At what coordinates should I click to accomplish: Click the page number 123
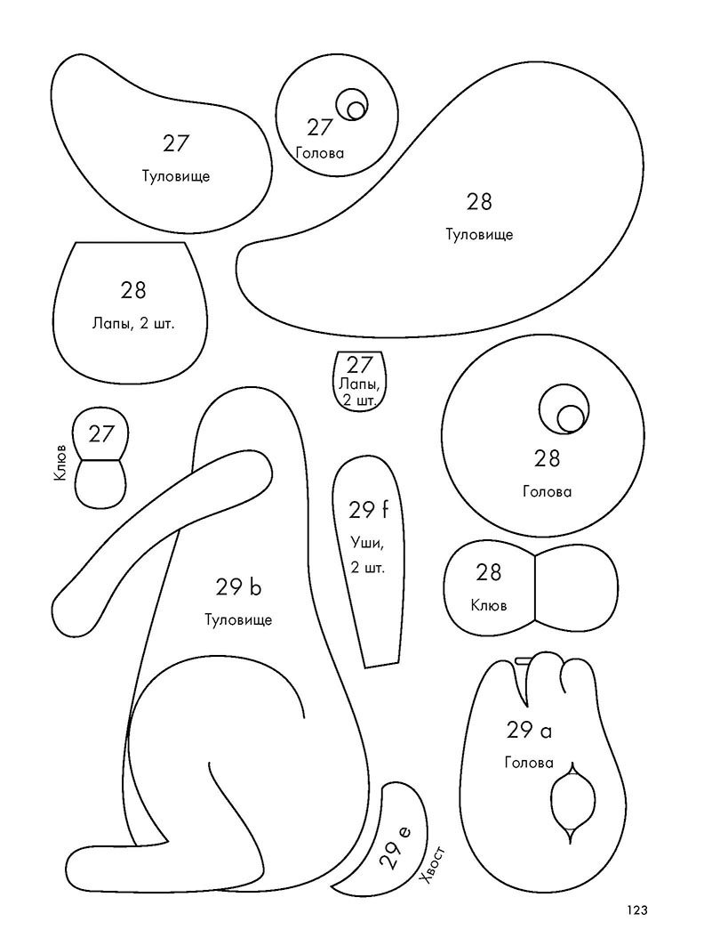pyautogui.click(x=637, y=910)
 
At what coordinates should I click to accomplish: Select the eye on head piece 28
pyautogui.click(x=564, y=409)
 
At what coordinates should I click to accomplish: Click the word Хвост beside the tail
pyautogui.click(x=434, y=865)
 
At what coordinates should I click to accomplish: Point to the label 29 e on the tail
pyautogui.click(x=395, y=847)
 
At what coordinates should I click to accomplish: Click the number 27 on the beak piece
pyautogui.click(x=102, y=433)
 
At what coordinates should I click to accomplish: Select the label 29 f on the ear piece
pyautogui.click(x=368, y=511)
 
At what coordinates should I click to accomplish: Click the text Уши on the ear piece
pyautogui.click(x=366, y=544)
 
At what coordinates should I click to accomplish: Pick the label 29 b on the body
pyautogui.click(x=239, y=586)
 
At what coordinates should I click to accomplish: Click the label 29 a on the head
pyautogui.click(x=529, y=731)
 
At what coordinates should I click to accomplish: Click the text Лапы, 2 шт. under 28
pyautogui.click(x=133, y=324)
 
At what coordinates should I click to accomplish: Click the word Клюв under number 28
pyautogui.click(x=489, y=605)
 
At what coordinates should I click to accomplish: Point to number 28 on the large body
pyautogui.click(x=479, y=201)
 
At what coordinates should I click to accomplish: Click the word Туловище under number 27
pyautogui.click(x=176, y=176)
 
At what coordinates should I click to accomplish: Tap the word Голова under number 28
pyautogui.click(x=548, y=492)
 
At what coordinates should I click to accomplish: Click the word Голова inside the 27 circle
pyautogui.click(x=320, y=153)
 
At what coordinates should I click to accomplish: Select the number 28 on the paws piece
pyautogui.click(x=133, y=290)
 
